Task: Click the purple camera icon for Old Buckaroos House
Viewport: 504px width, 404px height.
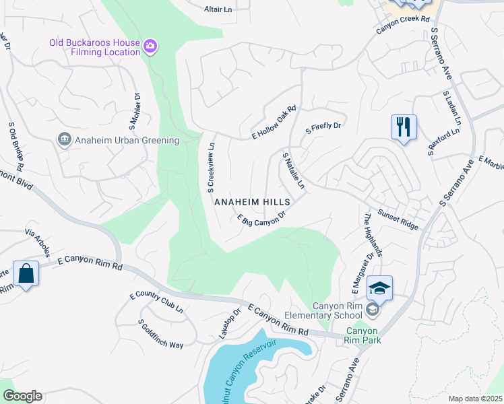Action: tap(151, 46)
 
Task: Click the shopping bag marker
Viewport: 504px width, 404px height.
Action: tap(26, 273)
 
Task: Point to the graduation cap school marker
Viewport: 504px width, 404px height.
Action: tap(379, 288)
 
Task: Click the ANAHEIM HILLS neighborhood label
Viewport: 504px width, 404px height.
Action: tap(252, 202)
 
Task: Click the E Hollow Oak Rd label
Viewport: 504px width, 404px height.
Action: tap(274, 120)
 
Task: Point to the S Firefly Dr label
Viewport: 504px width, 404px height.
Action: tap(324, 125)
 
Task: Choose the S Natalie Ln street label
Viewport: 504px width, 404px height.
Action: tap(294, 170)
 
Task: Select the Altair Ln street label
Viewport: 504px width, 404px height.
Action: tap(218, 9)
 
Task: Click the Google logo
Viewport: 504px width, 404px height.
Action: tap(22, 396)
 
